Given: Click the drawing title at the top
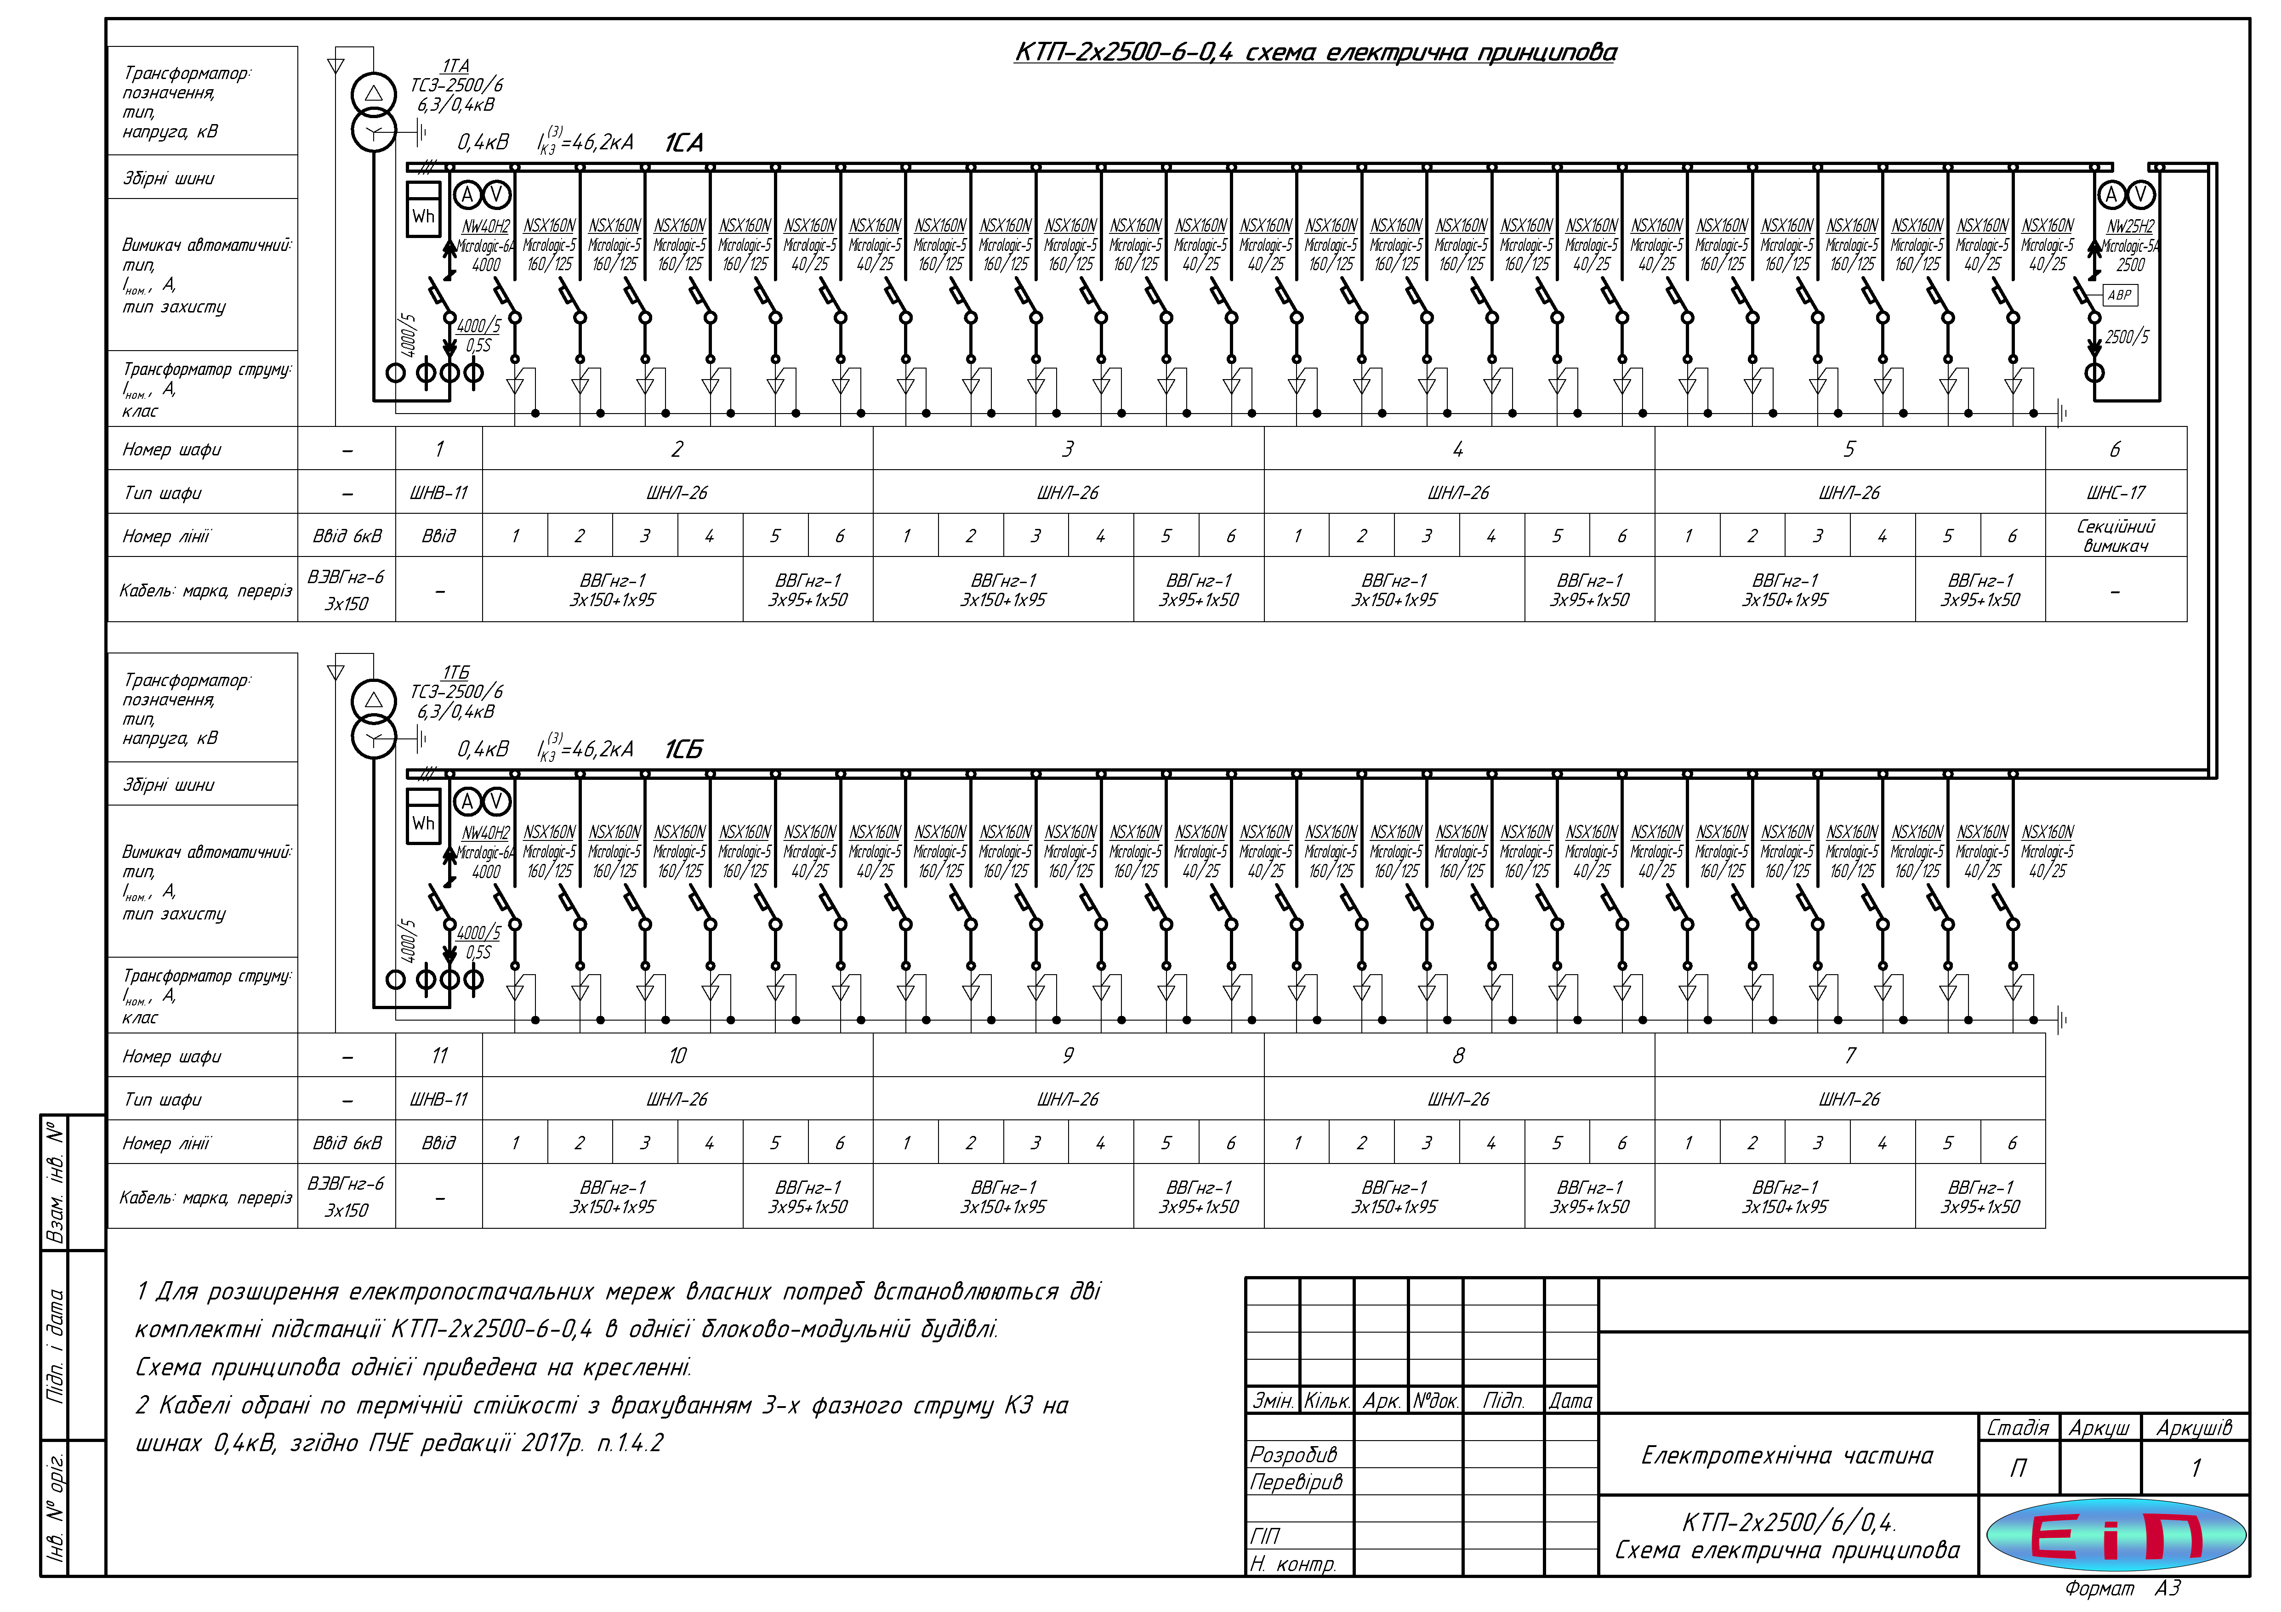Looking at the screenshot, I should pyautogui.click(x=1314, y=53).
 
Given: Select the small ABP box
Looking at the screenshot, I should pyautogui.click(x=2119, y=295).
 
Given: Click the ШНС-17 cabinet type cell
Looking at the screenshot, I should pyautogui.click(x=2115, y=493).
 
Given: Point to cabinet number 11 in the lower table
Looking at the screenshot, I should pyautogui.click(x=439, y=1056).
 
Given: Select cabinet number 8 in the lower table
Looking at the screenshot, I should pyautogui.click(x=1458, y=1056).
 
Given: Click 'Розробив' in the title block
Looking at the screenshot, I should pyautogui.click(x=1293, y=1455).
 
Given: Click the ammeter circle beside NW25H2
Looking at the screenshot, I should pyautogui.click(x=2111, y=195).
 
